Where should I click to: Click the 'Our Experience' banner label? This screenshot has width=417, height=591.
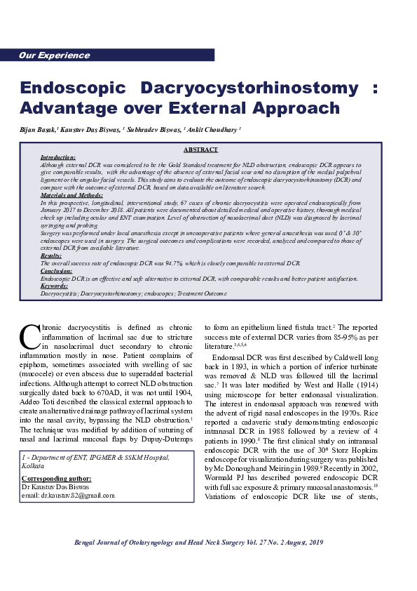(49, 55)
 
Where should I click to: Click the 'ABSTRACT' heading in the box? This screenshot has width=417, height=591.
(200, 150)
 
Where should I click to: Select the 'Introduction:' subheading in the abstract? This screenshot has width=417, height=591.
(58, 157)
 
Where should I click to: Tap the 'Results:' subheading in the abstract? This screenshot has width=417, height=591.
(51, 256)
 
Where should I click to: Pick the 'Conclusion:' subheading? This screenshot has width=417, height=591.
(57, 270)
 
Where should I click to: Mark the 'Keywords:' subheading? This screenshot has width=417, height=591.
(55, 286)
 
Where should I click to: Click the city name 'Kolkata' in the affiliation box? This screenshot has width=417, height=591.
(34, 465)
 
